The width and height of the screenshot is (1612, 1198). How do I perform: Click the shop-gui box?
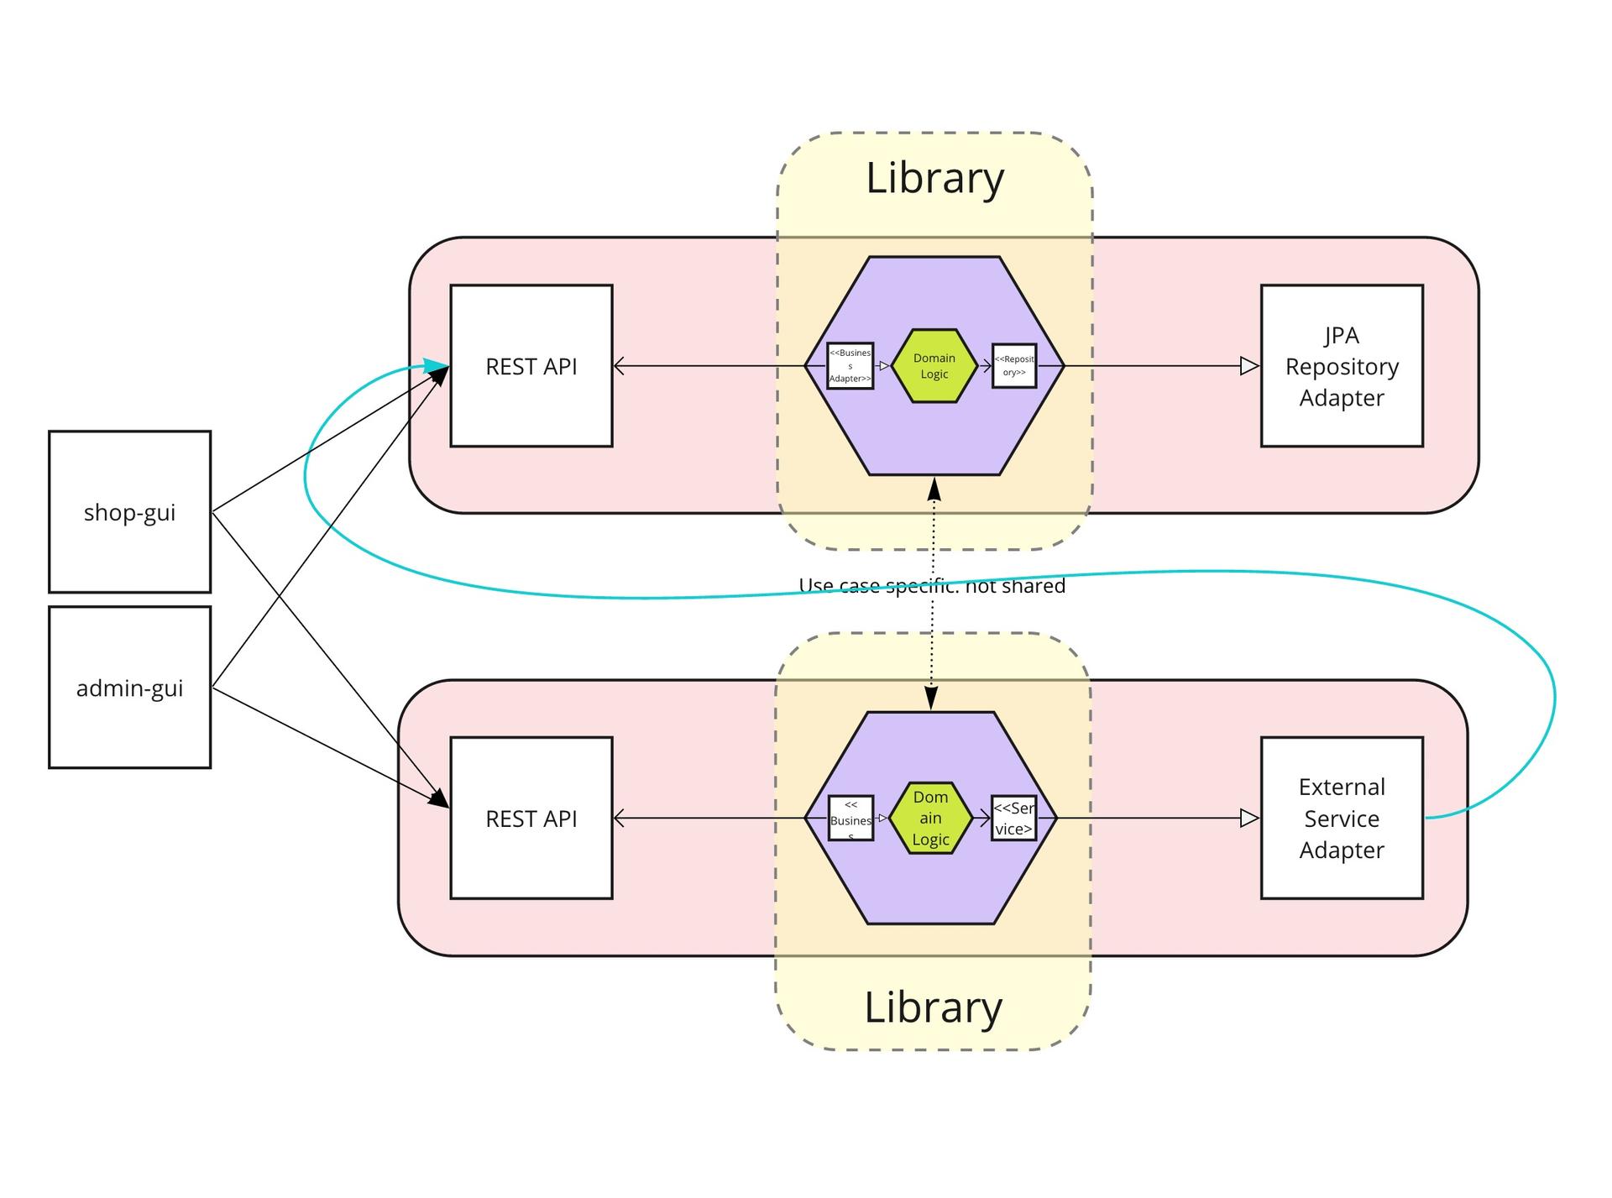[129, 512]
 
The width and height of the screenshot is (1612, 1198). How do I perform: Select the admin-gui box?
[129, 688]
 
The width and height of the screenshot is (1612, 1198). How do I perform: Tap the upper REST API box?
[531, 366]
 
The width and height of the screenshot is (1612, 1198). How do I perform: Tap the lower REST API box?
[531, 819]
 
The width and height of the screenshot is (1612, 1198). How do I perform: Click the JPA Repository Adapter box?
[1342, 366]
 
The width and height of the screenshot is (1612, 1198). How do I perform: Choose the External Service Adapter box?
[1342, 819]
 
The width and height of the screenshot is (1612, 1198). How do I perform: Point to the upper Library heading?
[934, 178]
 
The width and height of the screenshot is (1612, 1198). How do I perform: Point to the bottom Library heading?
[933, 1007]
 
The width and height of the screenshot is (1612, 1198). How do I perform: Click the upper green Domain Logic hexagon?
[934, 366]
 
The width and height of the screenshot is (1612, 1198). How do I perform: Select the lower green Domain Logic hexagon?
[930, 819]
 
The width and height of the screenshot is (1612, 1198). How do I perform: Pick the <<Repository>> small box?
[1014, 366]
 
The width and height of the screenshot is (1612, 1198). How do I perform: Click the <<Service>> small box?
[1013, 819]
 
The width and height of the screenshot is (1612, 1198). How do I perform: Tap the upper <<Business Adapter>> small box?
[850, 366]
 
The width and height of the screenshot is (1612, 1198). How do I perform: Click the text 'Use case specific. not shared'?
[932, 586]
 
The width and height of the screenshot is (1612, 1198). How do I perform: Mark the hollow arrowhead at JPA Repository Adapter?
[1249, 366]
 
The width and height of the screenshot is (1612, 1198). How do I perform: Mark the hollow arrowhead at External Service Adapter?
[1249, 819]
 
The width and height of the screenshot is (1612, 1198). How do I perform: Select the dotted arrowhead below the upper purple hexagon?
[934, 489]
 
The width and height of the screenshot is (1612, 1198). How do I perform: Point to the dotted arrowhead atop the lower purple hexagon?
[931, 698]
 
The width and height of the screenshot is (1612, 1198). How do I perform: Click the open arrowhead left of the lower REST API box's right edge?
[620, 819]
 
